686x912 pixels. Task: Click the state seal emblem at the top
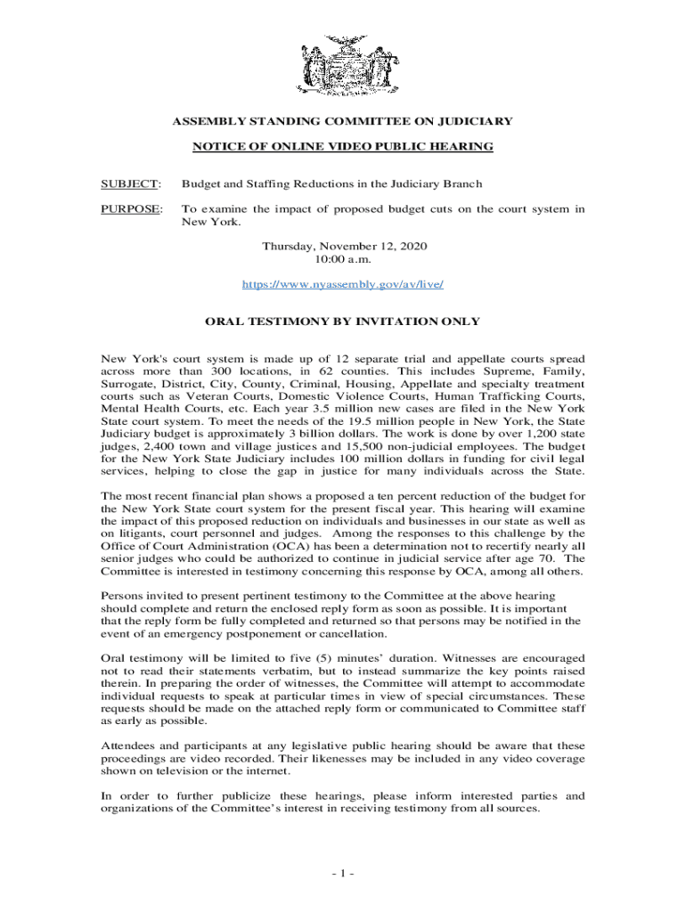click(343, 63)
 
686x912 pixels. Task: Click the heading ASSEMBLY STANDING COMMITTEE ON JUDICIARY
click(343, 120)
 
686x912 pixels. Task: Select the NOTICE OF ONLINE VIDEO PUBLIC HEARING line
click(343, 146)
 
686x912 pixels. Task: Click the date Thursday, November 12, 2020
click(343, 246)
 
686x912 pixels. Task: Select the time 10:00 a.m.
click(343, 259)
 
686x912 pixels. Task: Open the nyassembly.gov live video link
click(343, 284)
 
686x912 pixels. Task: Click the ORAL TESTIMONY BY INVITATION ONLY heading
click(343, 322)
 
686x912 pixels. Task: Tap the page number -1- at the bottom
click(343, 873)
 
